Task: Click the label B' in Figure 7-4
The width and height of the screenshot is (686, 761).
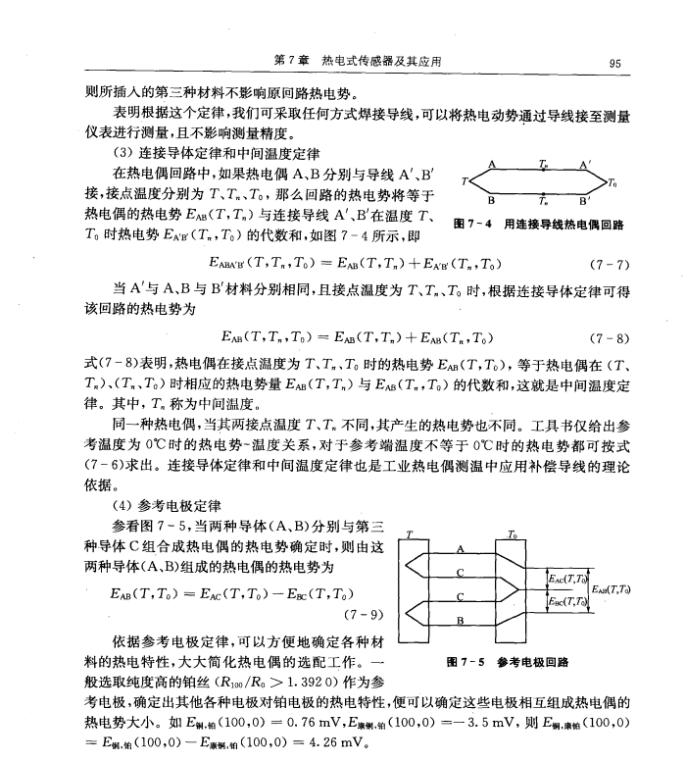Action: click(585, 199)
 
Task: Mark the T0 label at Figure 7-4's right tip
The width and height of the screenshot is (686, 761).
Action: click(612, 183)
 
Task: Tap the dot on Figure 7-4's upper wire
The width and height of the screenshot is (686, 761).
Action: click(544, 171)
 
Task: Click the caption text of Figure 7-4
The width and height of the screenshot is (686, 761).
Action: click(538, 225)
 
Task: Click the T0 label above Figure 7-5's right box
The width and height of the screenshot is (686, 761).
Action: click(512, 534)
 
